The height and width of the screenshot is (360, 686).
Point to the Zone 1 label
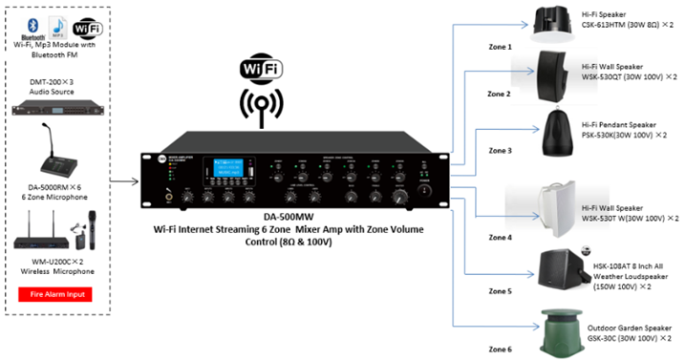(x=500, y=47)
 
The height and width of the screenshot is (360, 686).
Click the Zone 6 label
(x=500, y=349)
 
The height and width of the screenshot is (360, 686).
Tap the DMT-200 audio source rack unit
(x=54, y=107)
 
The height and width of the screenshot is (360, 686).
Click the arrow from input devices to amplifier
(x=122, y=179)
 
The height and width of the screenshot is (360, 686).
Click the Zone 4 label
(x=500, y=237)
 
